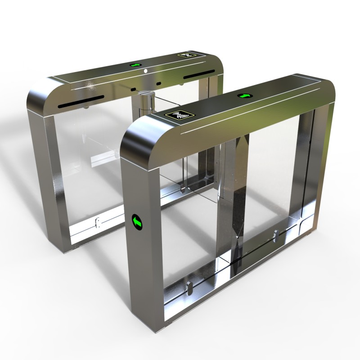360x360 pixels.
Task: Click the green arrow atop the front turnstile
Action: [245, 95]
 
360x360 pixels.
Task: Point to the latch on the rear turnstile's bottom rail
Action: [98, 223]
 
